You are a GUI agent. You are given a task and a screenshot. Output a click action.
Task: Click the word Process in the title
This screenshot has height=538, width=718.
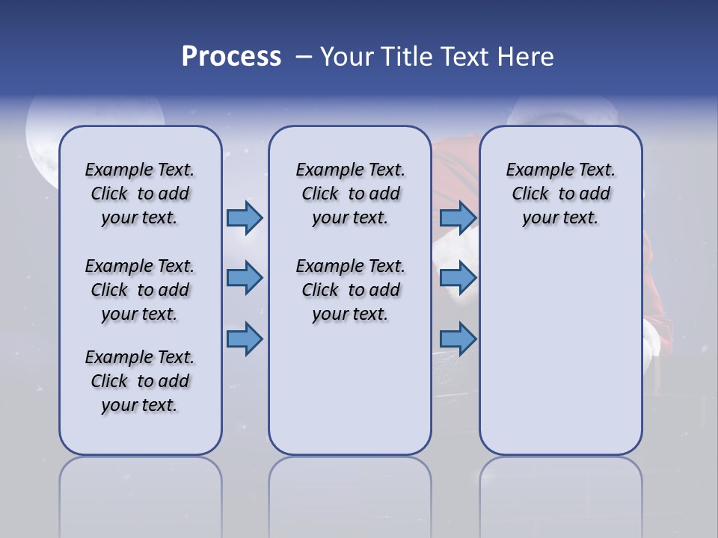click(231, 57)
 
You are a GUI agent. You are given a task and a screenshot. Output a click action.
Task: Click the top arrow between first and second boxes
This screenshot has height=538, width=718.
click(245, 217)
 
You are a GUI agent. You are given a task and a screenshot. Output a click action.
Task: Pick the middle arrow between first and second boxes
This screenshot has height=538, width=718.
click(245, 278)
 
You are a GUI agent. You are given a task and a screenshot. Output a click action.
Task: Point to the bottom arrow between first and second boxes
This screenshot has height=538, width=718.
click(245, 339)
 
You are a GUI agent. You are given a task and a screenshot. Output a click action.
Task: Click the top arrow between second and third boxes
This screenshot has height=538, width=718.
click(458, 217)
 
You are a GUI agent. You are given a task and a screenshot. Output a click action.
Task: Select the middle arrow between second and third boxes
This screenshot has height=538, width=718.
click(458, 278)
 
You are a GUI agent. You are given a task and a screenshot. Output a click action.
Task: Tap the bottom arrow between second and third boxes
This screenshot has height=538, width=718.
click(458, 339)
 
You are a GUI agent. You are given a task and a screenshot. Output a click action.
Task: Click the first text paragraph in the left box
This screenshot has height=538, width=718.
click(140, 194)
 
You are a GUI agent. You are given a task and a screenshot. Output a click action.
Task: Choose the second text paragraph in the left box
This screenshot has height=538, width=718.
click(140, 290)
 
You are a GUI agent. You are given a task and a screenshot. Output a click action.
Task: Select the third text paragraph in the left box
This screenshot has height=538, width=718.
click(140, 381)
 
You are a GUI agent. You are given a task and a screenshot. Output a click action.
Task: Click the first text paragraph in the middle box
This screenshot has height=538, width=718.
click(351, 194)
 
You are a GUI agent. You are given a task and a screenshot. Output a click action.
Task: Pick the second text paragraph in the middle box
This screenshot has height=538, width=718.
click(351, 290)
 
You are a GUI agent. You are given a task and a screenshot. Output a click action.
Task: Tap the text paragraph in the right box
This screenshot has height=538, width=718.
click(561, 194)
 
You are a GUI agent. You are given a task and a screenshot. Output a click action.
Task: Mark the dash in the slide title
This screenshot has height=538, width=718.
click(301, 57)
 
